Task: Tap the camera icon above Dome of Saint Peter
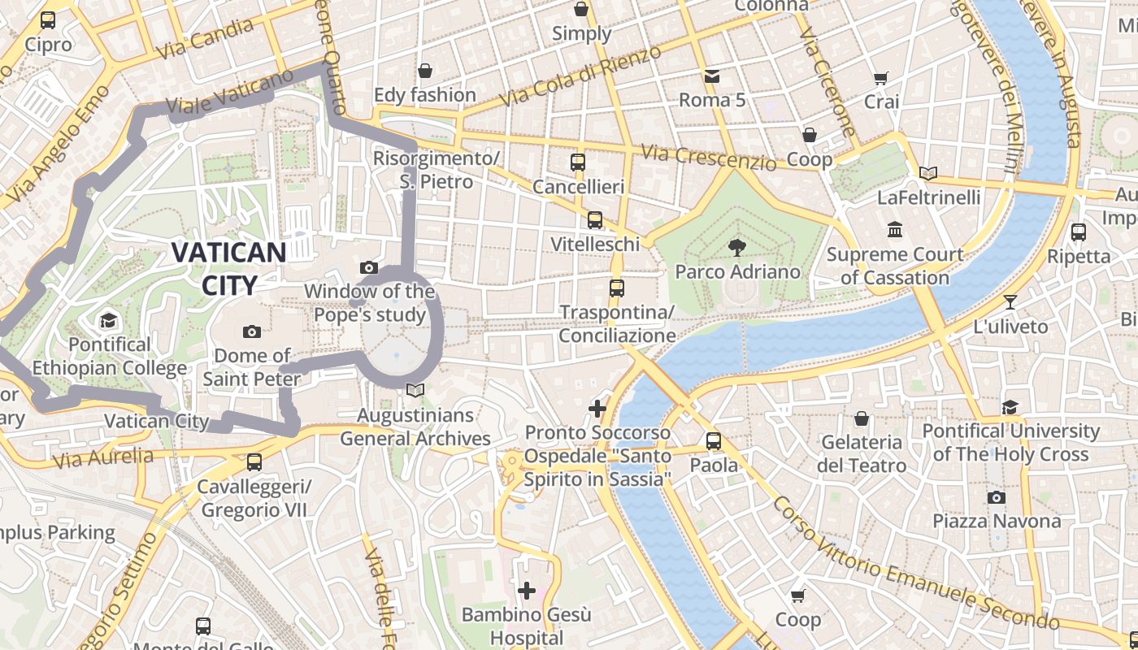[252, 331]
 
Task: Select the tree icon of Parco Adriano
[737, 247]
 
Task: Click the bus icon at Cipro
[48, 20]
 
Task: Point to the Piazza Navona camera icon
[997, 497]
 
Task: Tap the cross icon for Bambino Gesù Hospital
[527, 590]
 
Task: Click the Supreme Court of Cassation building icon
[895, 230]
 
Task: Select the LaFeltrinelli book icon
[928, 173]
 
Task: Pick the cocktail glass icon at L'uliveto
[1010, 302]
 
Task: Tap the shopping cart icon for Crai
[881, 78]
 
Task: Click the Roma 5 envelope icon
[712, 76]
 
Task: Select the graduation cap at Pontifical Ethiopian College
[109, 321]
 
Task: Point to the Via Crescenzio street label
[708, 158]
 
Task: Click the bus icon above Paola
[714, 441]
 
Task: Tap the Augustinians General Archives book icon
[415, 391]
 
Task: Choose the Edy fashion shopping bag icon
[424, 71]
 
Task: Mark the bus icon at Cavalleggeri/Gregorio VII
[254, 462]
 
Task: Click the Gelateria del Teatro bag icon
[862, 418]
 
